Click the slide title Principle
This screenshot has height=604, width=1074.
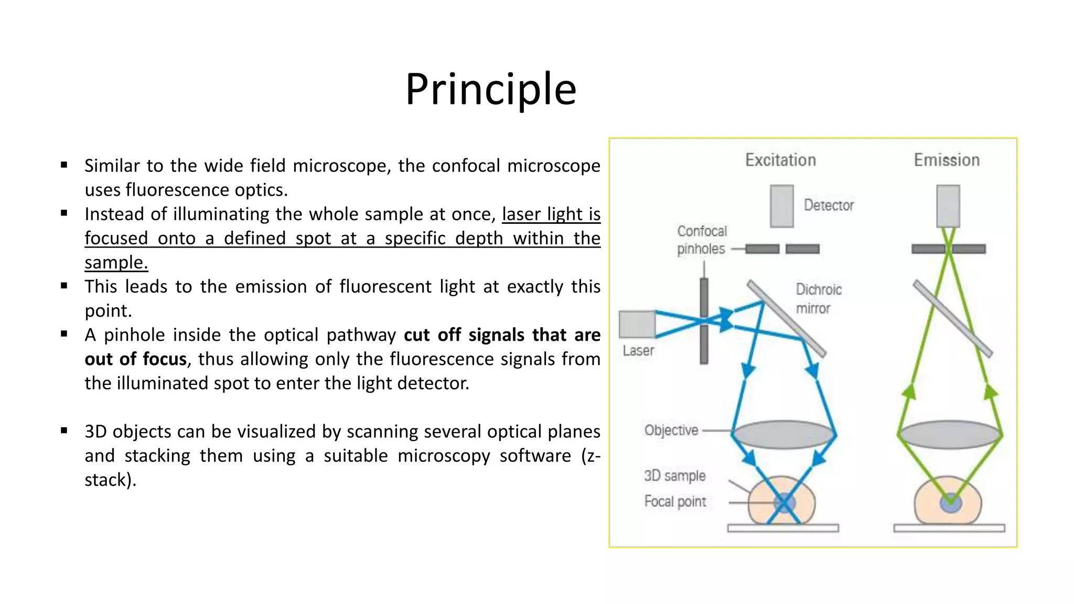(x=491, y=89)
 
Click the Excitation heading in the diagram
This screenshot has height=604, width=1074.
(x=780, y=160)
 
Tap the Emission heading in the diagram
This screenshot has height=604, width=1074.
(x=947, y=160)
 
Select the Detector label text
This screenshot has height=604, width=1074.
(x=829, y=205)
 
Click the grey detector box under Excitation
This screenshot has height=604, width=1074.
(x=781, y=206)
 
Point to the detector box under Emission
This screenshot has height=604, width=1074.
(x=948, y=206)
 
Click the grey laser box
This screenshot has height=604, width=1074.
(x=637, y=324)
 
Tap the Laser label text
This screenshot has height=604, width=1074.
(x=638, y=351)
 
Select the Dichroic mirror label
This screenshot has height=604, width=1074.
(x=818, y=299)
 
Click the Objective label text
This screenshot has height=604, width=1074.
(x=671, y=430)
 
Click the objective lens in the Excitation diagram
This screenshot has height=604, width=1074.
(x=783, y=435)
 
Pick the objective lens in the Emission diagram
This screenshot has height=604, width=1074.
(x=950, y=435)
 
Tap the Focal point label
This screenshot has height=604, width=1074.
(x=675, y=502)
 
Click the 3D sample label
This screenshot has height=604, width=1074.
(x=675, y=476)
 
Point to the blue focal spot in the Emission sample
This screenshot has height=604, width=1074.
(x=950, y=504)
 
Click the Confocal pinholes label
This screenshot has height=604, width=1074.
(x=702, y=240)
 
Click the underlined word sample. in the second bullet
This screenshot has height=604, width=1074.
(x=116, y=262)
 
